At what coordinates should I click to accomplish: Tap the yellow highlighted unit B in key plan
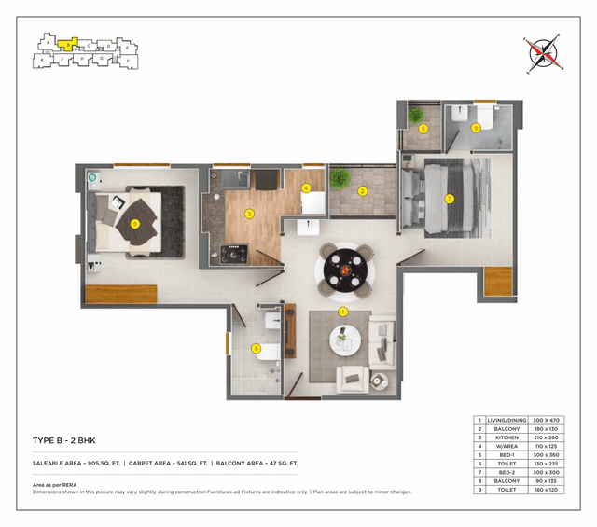[x=66, y=43]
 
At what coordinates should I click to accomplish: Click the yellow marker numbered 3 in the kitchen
[x=249, y=214]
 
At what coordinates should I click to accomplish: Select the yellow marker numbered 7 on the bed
[x=449, y=199]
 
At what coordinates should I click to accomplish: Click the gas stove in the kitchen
[x=230, y=251]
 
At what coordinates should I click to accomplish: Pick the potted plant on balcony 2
[x=340, y=178]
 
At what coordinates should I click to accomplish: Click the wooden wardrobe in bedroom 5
[x=121, y=294]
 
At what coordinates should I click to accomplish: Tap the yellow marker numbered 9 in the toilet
[x=476, y=129]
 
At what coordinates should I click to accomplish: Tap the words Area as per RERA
[x=55, y=485]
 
